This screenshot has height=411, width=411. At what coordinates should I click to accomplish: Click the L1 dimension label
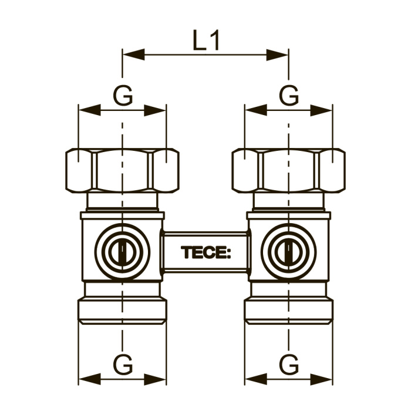206,40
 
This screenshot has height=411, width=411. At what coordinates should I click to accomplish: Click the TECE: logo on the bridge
206,252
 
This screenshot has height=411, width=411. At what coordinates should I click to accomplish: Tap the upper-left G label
123,95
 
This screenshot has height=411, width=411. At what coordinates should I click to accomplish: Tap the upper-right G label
289,95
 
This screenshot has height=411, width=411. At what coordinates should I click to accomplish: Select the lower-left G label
123,365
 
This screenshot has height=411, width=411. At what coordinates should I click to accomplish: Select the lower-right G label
289,365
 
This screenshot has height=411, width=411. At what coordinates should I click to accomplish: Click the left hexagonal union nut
122,170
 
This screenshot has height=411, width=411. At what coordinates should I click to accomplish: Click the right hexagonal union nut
289,170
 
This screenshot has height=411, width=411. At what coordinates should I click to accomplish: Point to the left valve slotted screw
122,252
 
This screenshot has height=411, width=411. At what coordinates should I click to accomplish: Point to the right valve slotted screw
289,252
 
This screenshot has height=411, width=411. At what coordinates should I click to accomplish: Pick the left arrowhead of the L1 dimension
134,55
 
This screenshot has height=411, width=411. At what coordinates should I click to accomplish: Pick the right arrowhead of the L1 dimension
277,55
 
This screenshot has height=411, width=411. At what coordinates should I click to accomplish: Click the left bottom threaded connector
122,311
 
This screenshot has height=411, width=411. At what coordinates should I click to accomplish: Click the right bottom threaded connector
289,311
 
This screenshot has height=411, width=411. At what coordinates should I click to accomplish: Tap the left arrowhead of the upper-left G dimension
90,110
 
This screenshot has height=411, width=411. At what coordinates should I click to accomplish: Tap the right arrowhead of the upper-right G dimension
321,110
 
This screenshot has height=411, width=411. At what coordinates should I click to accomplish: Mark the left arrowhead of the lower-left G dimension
90,379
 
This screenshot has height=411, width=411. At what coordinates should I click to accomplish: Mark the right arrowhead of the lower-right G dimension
321,379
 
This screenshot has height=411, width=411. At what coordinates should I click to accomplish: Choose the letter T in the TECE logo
187,252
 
